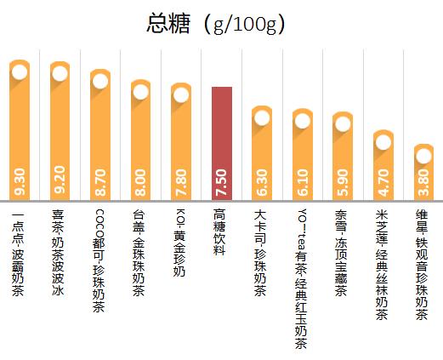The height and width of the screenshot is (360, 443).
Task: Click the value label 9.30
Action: coord(20,181)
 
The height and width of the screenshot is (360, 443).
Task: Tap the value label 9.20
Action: coord(60,181)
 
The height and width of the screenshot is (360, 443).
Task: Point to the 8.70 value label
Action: coord(100,181)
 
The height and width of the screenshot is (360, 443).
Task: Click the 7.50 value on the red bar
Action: coord(222,181)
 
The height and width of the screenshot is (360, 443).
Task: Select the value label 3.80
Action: coord(423,181)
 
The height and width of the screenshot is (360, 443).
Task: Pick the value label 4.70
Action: coord(383,181)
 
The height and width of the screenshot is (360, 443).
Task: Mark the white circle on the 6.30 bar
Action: coord(262,117)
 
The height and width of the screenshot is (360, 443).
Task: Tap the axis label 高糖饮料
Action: coord(221,231)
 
